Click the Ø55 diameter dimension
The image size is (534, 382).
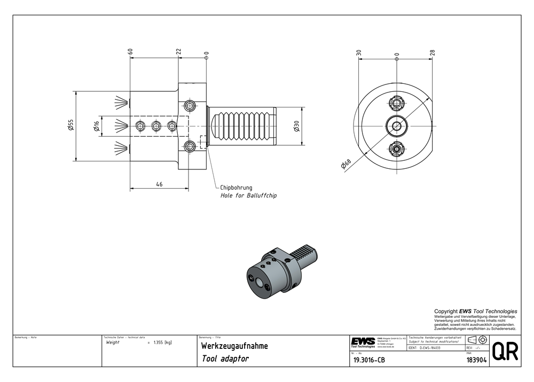pos(70,125)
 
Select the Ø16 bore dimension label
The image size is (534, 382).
pos(97,127)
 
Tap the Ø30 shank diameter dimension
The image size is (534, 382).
pos(296,126)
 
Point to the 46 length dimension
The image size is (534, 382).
pos(159,184)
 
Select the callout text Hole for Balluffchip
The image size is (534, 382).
pos(248,196)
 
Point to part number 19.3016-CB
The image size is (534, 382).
pos(369,360)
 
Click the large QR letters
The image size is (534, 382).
pos(505,352)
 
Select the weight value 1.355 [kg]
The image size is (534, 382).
pos(162,342)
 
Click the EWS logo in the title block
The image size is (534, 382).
pos(363,342)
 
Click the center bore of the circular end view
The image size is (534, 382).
pos(396,126)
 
